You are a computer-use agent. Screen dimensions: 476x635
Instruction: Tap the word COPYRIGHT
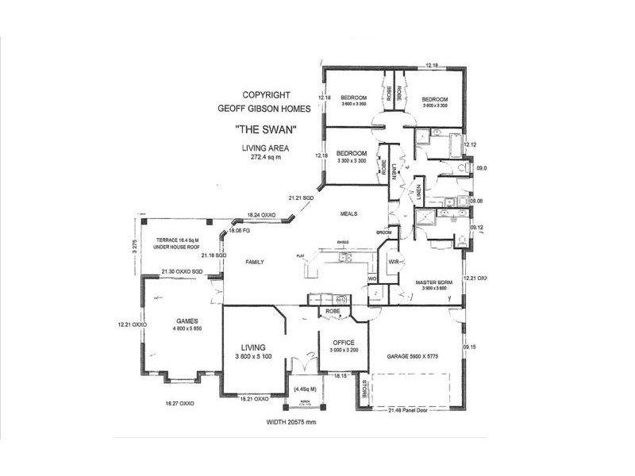(x=266, y=94)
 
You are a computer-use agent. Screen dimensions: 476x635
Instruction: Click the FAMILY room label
(x=254, y=262)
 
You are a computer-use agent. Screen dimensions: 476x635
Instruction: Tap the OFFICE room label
(x=344, y=342)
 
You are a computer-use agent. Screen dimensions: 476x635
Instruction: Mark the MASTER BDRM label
(x=433, y=282)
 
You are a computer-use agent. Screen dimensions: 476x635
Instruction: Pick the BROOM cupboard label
(x=384, y=232)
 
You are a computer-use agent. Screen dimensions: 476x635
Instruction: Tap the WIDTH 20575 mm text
(x=291, y=422)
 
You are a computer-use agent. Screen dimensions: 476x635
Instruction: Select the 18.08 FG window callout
(x=240, y=231)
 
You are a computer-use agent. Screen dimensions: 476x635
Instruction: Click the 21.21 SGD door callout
(x=302, y=198)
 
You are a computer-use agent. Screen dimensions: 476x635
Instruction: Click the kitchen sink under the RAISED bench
(x=344, y=258)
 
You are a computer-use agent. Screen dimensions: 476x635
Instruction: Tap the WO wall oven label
(x=371, y=278)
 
